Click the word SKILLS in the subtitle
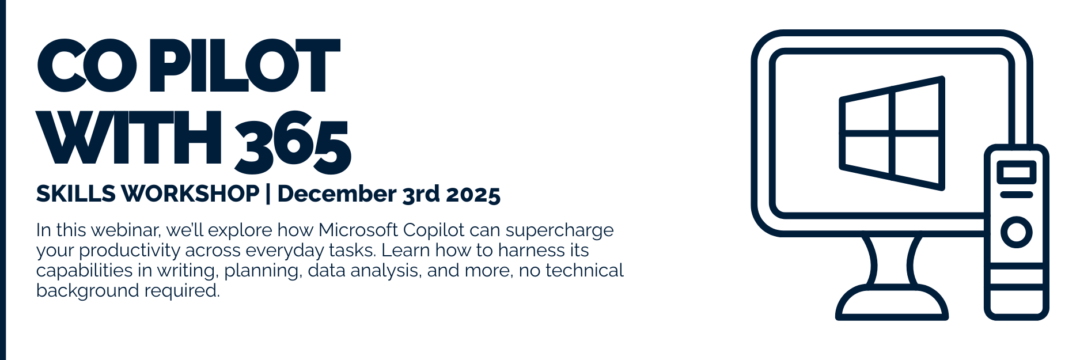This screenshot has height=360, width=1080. tap(76, 194)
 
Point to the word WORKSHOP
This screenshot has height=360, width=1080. tap(191, 194)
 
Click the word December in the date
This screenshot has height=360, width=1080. tap(336, 194)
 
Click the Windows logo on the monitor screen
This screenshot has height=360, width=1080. tap(892, 133)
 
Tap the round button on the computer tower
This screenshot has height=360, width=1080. tap(1017, 232)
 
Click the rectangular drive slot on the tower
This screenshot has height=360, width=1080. tap(1017, 173)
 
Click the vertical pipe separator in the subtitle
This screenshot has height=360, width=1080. tap(268, 195)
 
